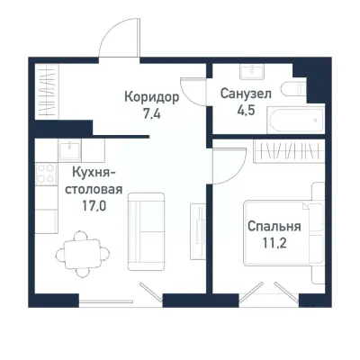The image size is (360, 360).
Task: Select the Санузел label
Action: point(244,93)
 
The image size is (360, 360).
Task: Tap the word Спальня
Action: point(274,225)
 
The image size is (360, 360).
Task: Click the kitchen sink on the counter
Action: point(72,150)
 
